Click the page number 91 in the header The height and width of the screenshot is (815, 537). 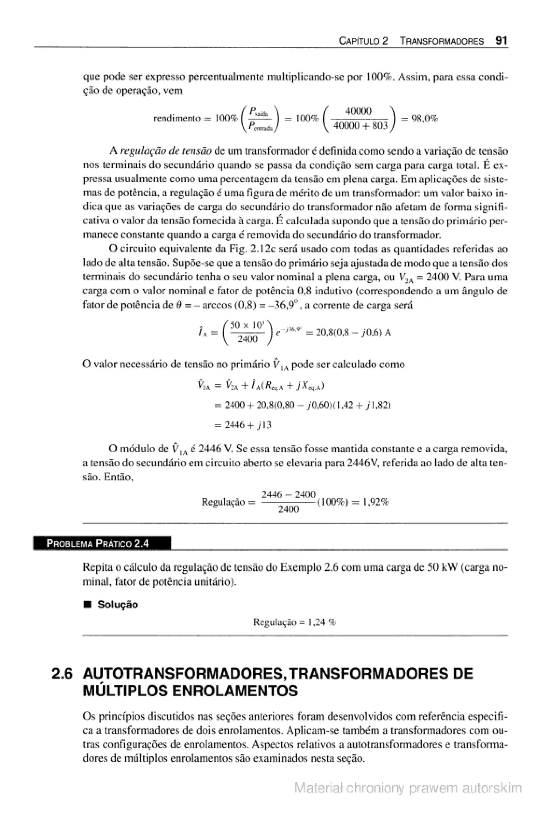tap(501, 41)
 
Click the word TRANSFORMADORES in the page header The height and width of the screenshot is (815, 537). tap(442, 42)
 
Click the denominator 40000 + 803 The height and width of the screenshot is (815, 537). tap(360, 126)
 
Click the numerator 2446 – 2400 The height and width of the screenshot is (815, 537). tap(288, 495)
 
